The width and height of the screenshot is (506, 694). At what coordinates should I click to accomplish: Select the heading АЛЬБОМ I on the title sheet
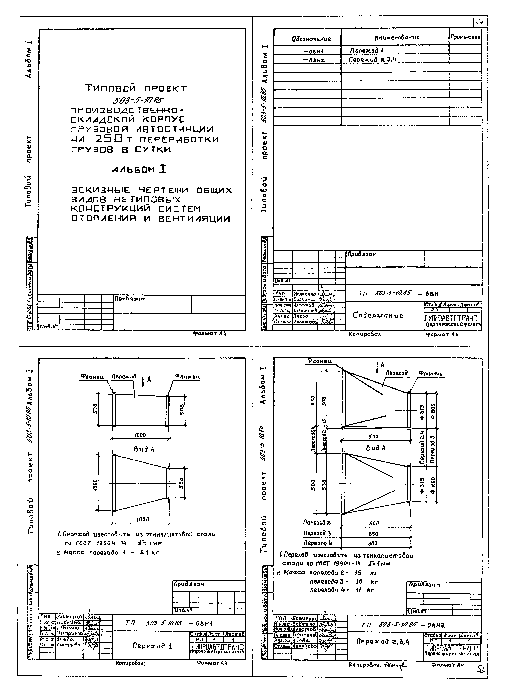pyautogui.click(x=139, y=170)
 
